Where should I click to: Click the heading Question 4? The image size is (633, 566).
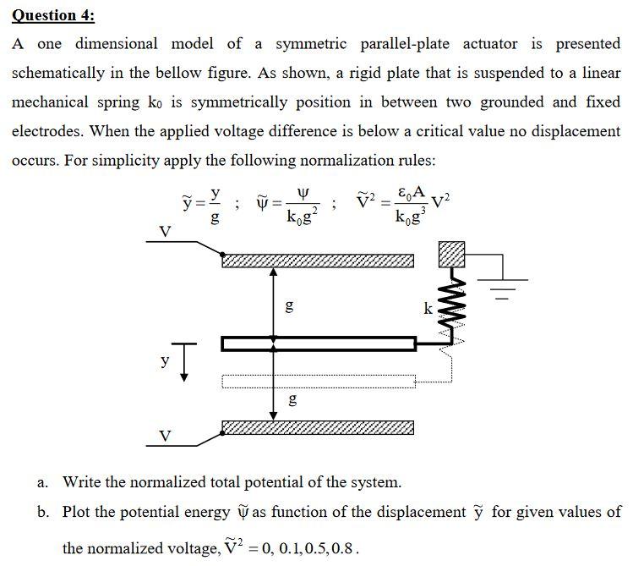click(x=52, y=14)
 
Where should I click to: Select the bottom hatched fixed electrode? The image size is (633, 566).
click(x=318, y=427)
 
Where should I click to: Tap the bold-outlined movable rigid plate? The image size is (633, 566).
click(x=318, y=343)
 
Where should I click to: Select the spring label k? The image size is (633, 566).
click(x=428, y=309)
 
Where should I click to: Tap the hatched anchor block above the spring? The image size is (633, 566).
click(x=452, y=251)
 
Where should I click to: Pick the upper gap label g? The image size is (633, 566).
click(x=288, y=305)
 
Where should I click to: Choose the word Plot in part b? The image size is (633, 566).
click(x=79, y=512)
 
